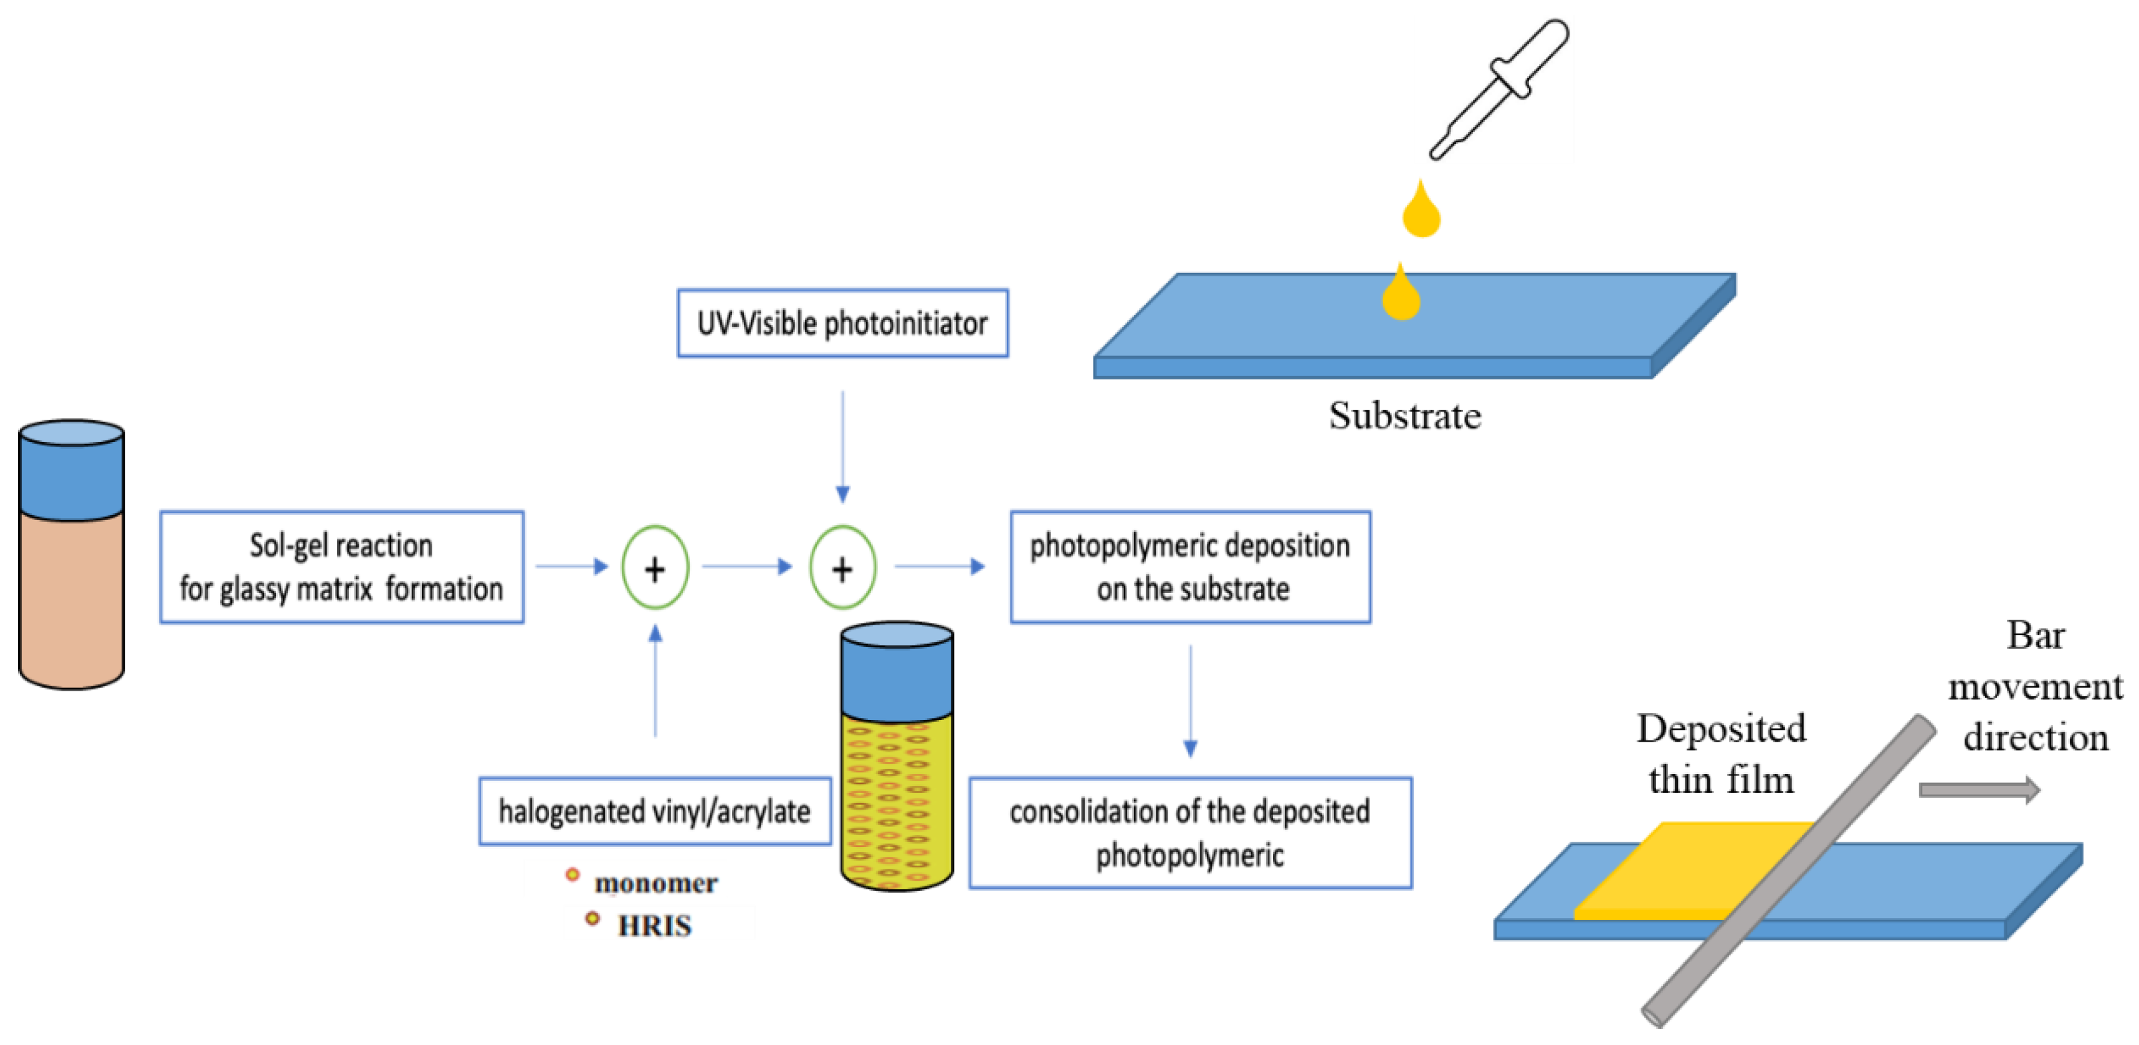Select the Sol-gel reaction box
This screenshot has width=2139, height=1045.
coord(341,567)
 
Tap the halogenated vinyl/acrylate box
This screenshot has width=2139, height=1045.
coord(654,811)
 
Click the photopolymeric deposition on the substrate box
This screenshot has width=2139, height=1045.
coord(1190,567)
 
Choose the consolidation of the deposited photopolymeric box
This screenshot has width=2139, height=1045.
coord(1190,833)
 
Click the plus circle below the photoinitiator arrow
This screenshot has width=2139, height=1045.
coord(842,569)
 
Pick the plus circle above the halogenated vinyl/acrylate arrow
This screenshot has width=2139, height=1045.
coord(655,569)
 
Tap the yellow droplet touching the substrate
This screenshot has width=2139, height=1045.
coord(1401,295)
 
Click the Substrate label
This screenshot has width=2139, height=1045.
coord(1404,415)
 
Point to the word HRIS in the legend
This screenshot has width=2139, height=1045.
coord(654,925)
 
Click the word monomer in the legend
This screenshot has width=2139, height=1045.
coord(656,883)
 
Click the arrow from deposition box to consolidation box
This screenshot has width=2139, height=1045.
coord(1190,701)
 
